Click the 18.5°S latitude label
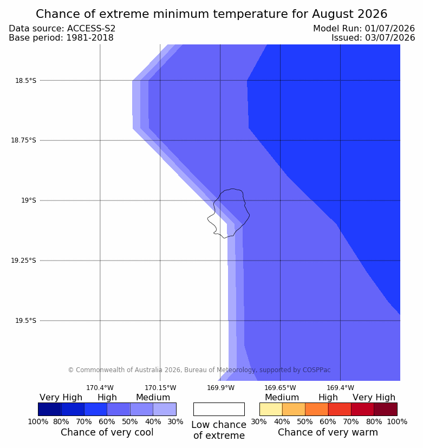tap(25, 81)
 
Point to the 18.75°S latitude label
tap(23, 140)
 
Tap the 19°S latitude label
tap(29, 200)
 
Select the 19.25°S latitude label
tap(23, 261)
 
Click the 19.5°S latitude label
tap(25, 321)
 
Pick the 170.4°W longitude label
tap(100, 388)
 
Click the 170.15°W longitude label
tap(160, 388)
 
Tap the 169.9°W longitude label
tap(220, 388)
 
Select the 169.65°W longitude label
tap(280, 388)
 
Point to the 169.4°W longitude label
tap(340, 388)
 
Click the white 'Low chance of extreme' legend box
tap(219, 409)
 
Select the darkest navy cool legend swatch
tap(50, 409)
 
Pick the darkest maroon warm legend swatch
tap(386, 409)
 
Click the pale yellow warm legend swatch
tap(271, 409)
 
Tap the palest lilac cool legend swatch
tap(165, 409)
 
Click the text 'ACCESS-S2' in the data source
tap(91, 29)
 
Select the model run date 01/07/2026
tap(390, 29)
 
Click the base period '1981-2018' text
tap(90, 38)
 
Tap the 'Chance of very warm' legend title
tap(328, 432)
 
